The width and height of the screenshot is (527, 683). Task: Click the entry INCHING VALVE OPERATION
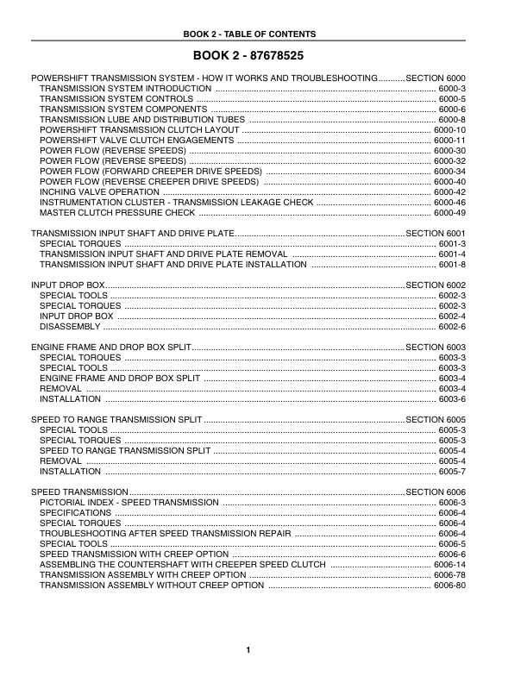coord(100,191)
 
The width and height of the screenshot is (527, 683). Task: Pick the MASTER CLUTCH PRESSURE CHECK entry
coord(117,212)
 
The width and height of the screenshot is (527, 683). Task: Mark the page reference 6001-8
coord(452,264)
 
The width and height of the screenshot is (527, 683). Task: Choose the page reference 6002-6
coord(452,326)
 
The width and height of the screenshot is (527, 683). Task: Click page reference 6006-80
coord(449,585)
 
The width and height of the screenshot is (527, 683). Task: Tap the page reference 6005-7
coord(452,471)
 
